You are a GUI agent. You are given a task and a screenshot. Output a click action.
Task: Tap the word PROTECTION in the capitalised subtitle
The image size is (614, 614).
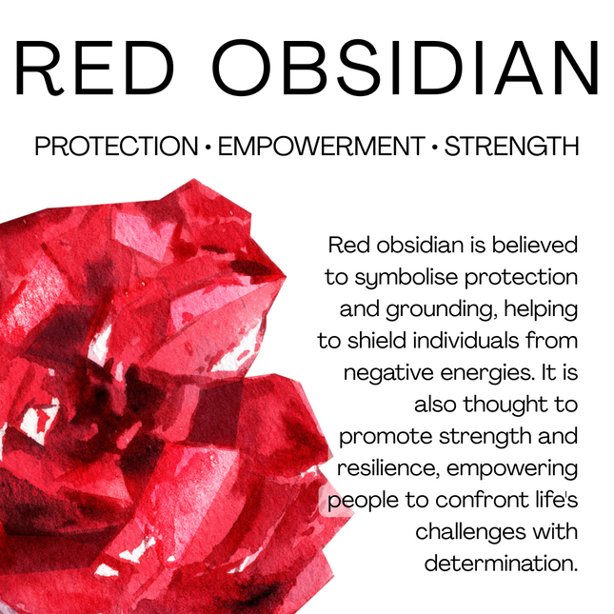(x=114, y=148)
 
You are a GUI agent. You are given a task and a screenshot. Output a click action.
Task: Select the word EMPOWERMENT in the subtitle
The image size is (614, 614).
(x=321, y=148)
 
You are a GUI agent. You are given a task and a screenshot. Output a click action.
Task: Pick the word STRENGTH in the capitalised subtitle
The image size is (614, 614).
(x=512, y=148)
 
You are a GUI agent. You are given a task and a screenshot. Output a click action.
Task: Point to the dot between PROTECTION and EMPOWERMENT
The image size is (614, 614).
(x=208, y=149)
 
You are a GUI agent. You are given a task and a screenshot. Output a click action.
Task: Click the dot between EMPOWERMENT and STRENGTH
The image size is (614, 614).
(x=435, y=149)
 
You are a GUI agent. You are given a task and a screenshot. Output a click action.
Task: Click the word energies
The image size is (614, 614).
(x=486, y=373)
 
